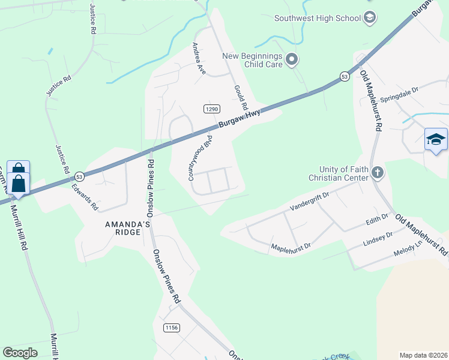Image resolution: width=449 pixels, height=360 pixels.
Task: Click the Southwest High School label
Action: (x=317, y=17)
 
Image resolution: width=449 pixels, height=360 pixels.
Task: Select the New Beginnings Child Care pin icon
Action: (x=292, y=59)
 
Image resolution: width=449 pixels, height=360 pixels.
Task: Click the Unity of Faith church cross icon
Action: (x=377, y=173)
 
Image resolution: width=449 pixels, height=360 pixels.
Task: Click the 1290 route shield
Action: (x=211, y=109)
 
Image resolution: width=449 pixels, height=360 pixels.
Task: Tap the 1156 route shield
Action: (x=171, y=327)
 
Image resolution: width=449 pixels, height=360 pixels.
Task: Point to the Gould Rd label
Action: (x=241, y=96)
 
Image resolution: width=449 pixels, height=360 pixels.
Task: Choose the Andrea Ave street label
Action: (x=199, y=58)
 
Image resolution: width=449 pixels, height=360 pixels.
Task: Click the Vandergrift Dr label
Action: (x=310, y=200)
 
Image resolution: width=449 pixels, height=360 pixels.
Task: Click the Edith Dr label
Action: (x=378, y=220)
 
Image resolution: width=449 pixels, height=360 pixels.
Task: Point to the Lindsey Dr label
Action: (x=378, y=239)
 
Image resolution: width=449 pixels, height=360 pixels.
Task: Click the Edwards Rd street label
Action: (x=85, y=196)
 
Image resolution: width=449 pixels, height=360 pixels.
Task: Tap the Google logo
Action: (x=20, y=352)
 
